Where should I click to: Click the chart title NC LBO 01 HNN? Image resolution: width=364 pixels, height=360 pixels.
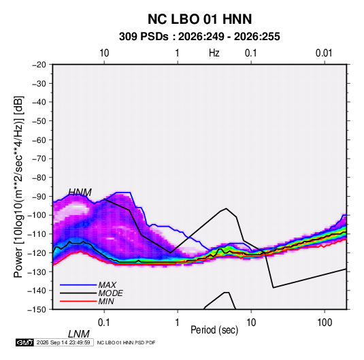[199, 19]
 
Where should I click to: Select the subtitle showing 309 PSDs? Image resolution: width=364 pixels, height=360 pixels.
[199, 37]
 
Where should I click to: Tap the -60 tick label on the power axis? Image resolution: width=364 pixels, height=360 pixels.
[39, 140]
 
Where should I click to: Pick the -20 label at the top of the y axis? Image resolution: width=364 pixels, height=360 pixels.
[39, 65]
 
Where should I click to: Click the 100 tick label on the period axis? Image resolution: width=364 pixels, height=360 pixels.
[325, 323]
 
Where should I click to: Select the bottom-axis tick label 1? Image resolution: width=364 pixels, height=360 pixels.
[178, 323]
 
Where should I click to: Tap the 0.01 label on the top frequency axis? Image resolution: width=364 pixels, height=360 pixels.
[324, 53]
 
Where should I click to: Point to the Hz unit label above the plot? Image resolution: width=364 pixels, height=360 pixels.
[214, 53]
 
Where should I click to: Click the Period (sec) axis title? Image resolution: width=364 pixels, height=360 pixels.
[214, 330]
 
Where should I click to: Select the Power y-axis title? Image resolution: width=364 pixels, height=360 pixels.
[18, 186]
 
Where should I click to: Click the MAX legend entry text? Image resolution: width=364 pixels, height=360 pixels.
[107, 285]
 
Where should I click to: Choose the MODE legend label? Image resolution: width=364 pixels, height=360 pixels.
[110, 293]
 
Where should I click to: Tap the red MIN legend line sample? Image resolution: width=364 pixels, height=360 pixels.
[78, 301]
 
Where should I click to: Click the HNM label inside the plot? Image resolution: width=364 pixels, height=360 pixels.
[80, 193]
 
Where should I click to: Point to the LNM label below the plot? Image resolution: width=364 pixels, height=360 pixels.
[79, 334]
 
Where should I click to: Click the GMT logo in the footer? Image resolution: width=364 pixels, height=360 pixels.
[24, 342]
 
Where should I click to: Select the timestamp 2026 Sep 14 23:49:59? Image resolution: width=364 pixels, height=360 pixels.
[63, 342]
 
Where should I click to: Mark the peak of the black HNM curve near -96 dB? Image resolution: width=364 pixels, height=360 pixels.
[226, 208]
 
